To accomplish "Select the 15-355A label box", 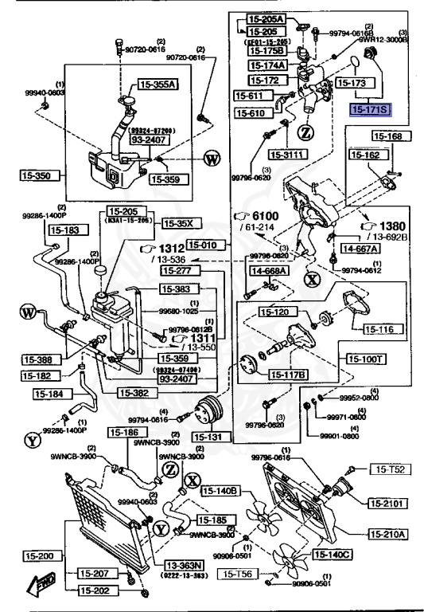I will (158, 83).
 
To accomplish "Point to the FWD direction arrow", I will (40, 586).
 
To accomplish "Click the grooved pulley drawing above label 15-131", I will (209, 407).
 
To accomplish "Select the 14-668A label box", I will (270, 270).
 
